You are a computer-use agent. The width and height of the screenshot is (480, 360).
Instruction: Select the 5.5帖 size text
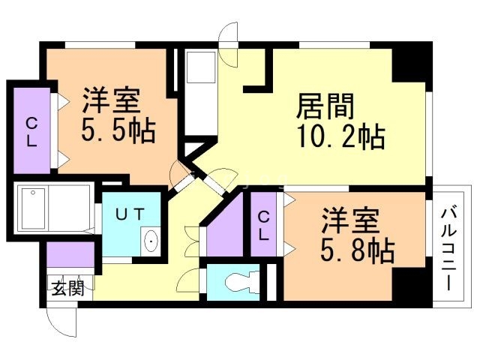[x=118, y=131]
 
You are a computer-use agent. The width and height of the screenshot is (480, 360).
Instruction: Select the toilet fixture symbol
[x=238, y=283]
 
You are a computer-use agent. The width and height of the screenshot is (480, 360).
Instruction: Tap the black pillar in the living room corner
[x=409, y=63]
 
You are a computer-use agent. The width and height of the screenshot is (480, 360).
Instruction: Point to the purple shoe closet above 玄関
[x=70, y=255]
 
